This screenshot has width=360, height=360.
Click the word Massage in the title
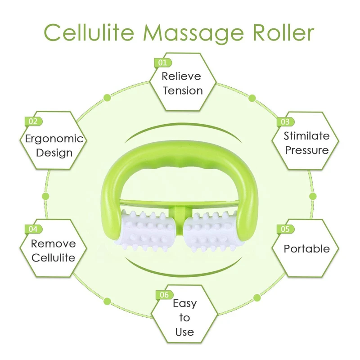(193, 33)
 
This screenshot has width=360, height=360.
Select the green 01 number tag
(163, 63)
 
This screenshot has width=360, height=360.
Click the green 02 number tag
(33, 121)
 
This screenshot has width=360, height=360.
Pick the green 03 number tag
(286, 122)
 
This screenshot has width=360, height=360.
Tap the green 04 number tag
(33, 229)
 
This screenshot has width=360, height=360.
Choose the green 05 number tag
(286, 229)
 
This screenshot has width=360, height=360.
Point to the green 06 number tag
(164, 295)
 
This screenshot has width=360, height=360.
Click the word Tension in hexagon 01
(183, 91)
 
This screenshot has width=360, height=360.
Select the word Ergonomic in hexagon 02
(54, 139)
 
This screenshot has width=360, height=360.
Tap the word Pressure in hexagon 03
(307, 150)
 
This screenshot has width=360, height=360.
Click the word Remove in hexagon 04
(53, 243)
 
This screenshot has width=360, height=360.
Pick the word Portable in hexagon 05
(307, 249)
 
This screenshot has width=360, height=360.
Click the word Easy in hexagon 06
(185, 304)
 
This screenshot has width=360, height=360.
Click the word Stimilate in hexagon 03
(307, 136)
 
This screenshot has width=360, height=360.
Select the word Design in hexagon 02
(54, 153)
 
